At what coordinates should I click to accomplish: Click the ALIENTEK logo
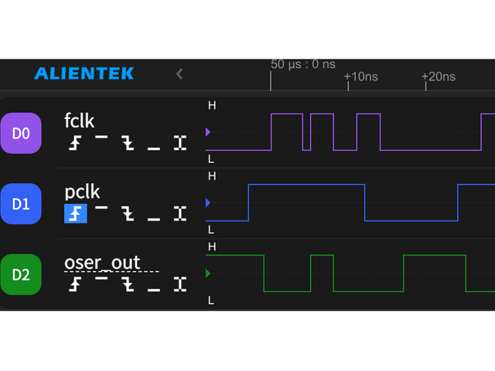pos(84,74)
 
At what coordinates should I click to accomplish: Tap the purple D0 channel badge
pos(21,133)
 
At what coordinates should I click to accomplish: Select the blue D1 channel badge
pos(21,204)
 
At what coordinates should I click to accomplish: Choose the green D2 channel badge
pos(21,274)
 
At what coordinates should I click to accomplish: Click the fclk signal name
pos(80,121)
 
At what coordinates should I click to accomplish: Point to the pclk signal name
pos(83,192)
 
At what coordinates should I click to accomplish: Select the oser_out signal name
pos(102,263)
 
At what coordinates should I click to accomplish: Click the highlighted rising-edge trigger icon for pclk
pos(75,213)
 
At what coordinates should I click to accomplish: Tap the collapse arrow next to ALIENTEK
pos(179,74)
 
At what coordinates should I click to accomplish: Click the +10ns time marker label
pos(361,77)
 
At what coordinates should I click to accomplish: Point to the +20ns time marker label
pos(439,77)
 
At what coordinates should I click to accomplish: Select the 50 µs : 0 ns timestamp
pos(303,64)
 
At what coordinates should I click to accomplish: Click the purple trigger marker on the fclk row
pos(207,132)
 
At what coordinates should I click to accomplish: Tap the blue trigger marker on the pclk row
pos(207,203)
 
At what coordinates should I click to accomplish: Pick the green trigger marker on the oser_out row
pos(207,273)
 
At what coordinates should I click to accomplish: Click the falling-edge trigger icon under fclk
pos(128,143)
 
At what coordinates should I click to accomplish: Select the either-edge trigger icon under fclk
pos(180,143)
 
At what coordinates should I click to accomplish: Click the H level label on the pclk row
pos(212,176)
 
